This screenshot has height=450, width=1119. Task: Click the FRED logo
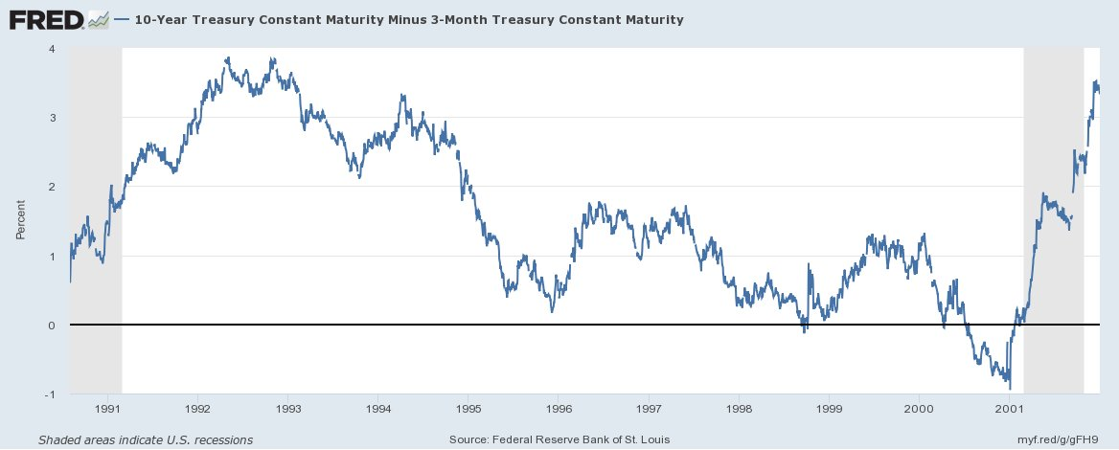click(46, 19)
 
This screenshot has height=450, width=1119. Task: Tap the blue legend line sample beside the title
click(123, 19)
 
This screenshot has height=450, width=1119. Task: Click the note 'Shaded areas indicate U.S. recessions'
click(146, 439)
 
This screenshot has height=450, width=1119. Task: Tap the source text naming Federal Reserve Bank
click(559, 439)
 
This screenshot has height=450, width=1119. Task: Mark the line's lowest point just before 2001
click(1010, 388)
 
